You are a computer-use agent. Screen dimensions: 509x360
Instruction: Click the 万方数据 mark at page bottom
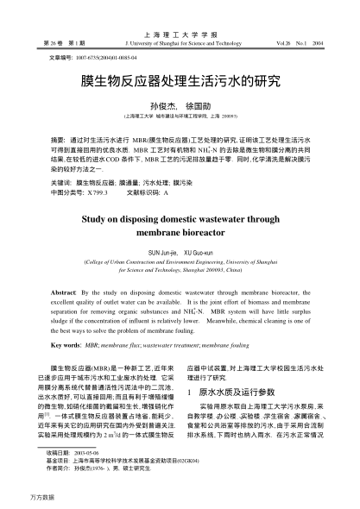click(17, 499)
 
